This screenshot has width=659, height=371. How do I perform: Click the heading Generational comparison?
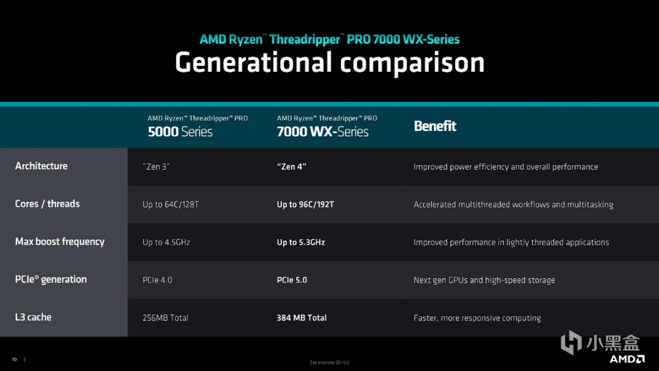pos(329,63)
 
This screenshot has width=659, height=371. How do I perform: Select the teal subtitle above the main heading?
pos(329,39)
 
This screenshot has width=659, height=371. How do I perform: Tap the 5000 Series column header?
pos(198,126)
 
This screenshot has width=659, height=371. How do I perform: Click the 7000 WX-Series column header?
pos(327,126)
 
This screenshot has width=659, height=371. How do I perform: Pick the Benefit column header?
pos(435,126)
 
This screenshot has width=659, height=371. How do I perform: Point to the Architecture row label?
pos(41,166)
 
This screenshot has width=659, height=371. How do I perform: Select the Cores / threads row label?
pos(48,204)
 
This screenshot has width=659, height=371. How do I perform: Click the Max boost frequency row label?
pos(60,242)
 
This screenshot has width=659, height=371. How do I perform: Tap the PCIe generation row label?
pos(51,279)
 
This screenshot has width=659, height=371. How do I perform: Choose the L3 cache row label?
pos(33,317)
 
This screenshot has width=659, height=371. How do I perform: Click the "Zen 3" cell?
pos(156,167)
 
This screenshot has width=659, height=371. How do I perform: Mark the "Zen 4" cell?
pos(292,167)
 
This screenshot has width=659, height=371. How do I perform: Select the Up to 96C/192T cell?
pos(306,204)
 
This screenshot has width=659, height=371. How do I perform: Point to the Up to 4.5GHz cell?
pos(167,242)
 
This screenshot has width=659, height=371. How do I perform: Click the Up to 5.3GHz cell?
pos(301,242)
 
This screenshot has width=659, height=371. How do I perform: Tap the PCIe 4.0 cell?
pos(157,280)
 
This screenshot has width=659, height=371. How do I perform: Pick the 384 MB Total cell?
pos(302,318)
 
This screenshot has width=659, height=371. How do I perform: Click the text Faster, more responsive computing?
pos(477,318)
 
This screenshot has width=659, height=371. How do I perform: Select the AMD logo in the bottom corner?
pos(627,359)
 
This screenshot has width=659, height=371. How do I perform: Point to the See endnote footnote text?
pos(329,362)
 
